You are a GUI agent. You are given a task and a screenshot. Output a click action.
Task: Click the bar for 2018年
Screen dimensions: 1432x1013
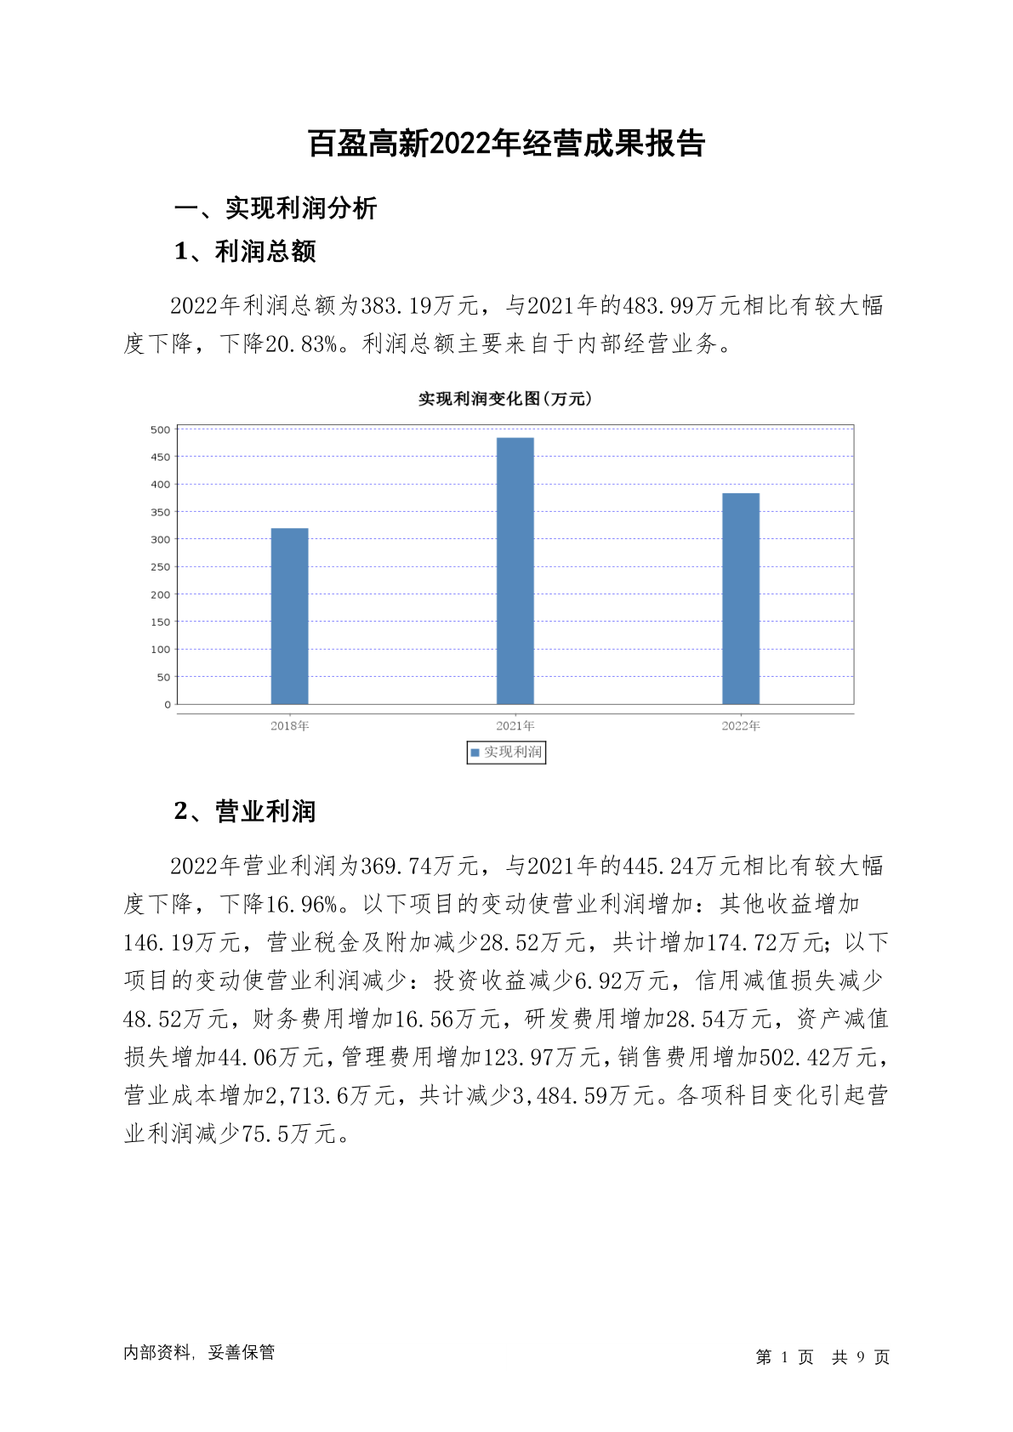[x=289, y=616]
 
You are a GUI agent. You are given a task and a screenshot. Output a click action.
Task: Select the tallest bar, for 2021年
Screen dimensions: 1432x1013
[x=515, y=571]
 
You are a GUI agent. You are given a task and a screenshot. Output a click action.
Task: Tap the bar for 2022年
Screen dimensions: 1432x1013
[x=740, y=599]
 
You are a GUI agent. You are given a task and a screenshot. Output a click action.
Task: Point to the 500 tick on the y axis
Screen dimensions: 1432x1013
[x=161, y=429]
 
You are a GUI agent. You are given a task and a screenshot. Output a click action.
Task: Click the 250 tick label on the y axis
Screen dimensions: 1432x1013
[x=161, y=567]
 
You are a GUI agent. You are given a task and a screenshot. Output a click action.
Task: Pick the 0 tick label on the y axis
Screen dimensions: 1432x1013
[x=168, y=705]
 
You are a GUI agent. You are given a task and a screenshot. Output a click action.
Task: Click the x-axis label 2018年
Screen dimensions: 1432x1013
[x=289, y=726]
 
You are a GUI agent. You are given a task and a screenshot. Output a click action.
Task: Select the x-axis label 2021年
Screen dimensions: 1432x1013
[x=515, y=726]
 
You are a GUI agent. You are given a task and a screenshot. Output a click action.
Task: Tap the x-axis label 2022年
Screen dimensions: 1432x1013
[x=740, y=726]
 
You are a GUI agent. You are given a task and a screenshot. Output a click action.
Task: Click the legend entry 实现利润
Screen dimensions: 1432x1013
[x=507, y=753]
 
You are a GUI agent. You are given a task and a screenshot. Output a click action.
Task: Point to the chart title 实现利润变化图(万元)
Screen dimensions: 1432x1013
[x=505, y=399]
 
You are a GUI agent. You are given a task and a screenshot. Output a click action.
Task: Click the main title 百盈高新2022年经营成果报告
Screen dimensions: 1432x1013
[x=506, y=144]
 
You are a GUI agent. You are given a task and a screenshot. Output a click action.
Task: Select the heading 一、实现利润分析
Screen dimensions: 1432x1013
[x=276, y=208]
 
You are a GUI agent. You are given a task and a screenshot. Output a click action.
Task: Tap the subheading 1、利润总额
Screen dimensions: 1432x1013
[x=245, y=252]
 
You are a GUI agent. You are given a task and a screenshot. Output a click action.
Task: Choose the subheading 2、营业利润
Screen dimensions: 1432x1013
[x=245, y=812]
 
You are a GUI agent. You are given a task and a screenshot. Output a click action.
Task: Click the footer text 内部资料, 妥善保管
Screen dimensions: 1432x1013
[x=199, y=1353]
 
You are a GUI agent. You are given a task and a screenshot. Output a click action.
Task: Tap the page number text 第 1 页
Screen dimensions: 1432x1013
[x=784, y=1357]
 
